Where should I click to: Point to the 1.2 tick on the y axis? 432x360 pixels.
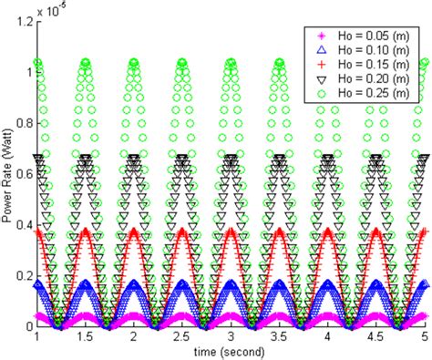pos(24,19)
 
